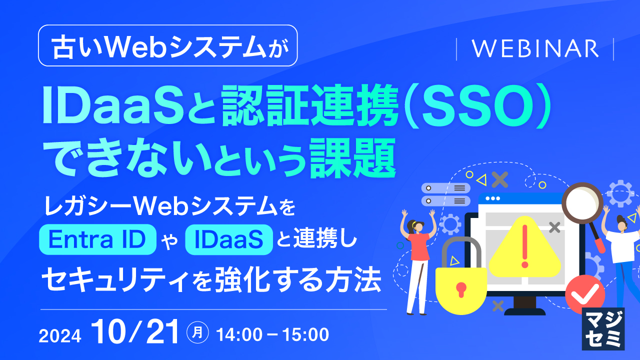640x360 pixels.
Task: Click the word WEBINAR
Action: point(535,49)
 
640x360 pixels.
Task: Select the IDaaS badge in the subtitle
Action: point(229,240)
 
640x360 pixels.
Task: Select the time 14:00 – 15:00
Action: point(272,334)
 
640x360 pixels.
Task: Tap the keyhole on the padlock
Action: point(460,289)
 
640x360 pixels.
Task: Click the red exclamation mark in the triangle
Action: point(524,245)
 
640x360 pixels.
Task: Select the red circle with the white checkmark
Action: point(581,294)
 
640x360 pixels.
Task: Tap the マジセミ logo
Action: point(603,328)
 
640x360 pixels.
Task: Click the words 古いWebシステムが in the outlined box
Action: point(167,46)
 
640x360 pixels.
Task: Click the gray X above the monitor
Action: point(499,179)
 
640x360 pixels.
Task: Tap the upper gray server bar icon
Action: point(446,188)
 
